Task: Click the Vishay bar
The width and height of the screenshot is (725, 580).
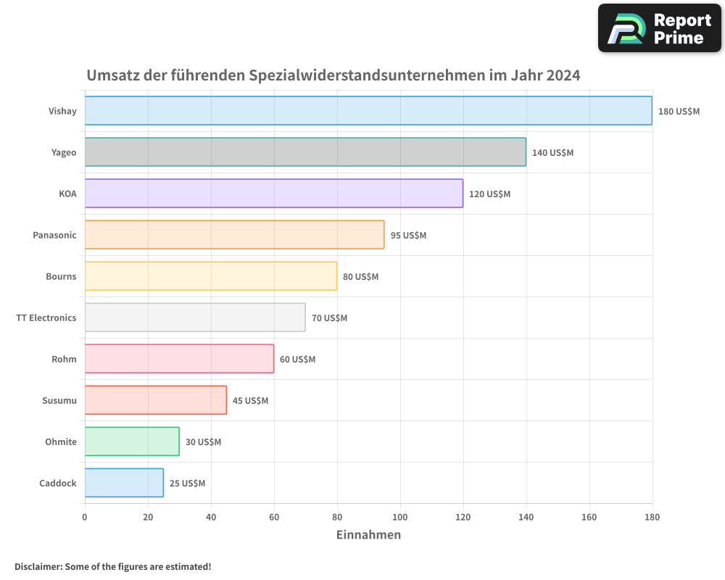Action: (368, 111)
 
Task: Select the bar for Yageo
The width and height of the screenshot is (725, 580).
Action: (305, 152)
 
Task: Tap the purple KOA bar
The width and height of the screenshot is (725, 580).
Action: (274, 194)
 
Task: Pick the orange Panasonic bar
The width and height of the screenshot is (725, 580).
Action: (234, 235)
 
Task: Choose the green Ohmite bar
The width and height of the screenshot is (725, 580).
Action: (132, 442)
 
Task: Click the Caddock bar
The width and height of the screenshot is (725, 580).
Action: (124, 483)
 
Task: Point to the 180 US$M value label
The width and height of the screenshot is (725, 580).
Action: (679, 112)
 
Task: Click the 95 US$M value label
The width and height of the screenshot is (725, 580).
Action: (408, 236)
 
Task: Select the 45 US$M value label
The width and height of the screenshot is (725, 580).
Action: (250, 401)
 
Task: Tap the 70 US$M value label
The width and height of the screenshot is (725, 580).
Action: (329, 318)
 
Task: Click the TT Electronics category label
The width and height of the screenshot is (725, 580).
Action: (46, 318)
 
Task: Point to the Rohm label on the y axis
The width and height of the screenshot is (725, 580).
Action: (64, 359)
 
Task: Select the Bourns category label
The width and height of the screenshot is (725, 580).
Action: (61, 276)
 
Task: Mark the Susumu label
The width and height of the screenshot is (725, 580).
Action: (59, 400)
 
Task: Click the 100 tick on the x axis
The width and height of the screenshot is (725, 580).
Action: (400, 517)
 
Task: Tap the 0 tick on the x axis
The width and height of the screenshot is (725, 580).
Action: (85, 517)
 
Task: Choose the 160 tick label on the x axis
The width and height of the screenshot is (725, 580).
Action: (589, 517)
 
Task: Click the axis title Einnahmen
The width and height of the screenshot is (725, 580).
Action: (368, 535)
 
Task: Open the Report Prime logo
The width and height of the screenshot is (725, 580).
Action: (659, 28)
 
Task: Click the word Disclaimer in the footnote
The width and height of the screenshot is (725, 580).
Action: (38, 566)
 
